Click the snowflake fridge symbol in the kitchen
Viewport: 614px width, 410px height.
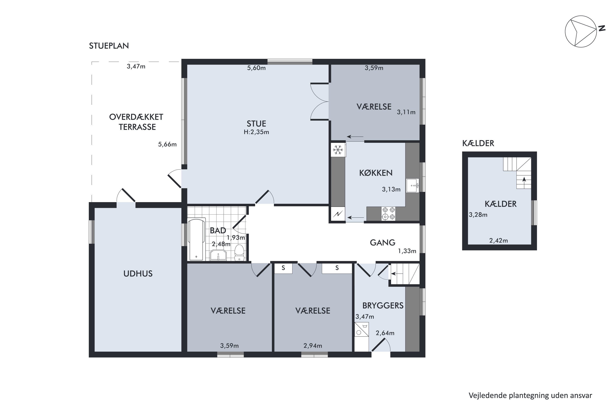pos(338,150)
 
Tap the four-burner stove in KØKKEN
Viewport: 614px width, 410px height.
pos(388,213)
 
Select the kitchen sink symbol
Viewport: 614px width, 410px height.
pos(412,186)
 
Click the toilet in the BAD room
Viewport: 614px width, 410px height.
pos(239,253)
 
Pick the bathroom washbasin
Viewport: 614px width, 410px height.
pos(218,255)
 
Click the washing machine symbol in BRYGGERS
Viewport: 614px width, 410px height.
pos(362,329)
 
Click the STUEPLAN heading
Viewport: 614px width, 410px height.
pos(109,46)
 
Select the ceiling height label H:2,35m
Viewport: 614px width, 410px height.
pos(256,132)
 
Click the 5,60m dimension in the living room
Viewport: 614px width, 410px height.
pos(256,68)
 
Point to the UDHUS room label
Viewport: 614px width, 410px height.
pos(138,273)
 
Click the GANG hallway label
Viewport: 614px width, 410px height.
pos(383,243)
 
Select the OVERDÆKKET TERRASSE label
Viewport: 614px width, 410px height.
pos(136,122)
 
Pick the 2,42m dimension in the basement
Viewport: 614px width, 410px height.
pos(499,240)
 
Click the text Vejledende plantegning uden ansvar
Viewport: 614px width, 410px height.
pos(530,395)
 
